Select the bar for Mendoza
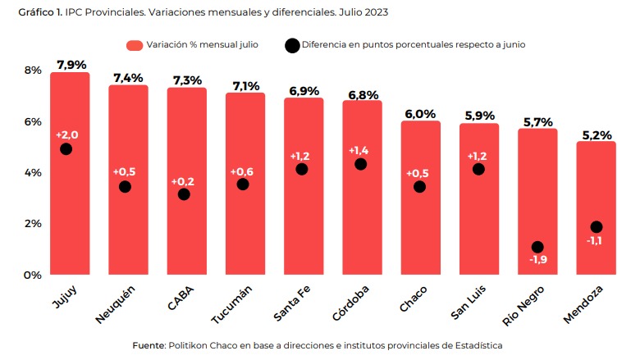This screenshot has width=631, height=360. [597, 246]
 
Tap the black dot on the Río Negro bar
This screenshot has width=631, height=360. [537, 247]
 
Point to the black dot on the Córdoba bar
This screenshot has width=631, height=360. [360, 164]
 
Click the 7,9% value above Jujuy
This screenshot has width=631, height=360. [71, 64]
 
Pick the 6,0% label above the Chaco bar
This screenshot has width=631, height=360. [419, 113]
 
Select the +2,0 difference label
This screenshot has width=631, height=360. [66, 134]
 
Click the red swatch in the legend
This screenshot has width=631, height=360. [135, 44]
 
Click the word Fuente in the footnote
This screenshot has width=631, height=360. [149, 345]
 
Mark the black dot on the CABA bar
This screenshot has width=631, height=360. [184, 194]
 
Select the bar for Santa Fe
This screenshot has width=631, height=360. [304, 213]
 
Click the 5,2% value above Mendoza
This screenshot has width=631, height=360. [597, 134]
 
